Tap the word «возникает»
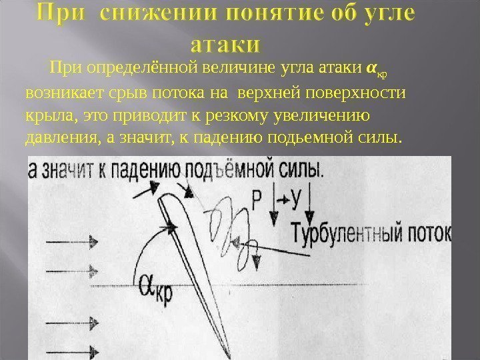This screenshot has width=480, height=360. [x=60, y=92]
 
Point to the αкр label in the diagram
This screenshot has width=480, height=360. [x=155, y=288]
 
